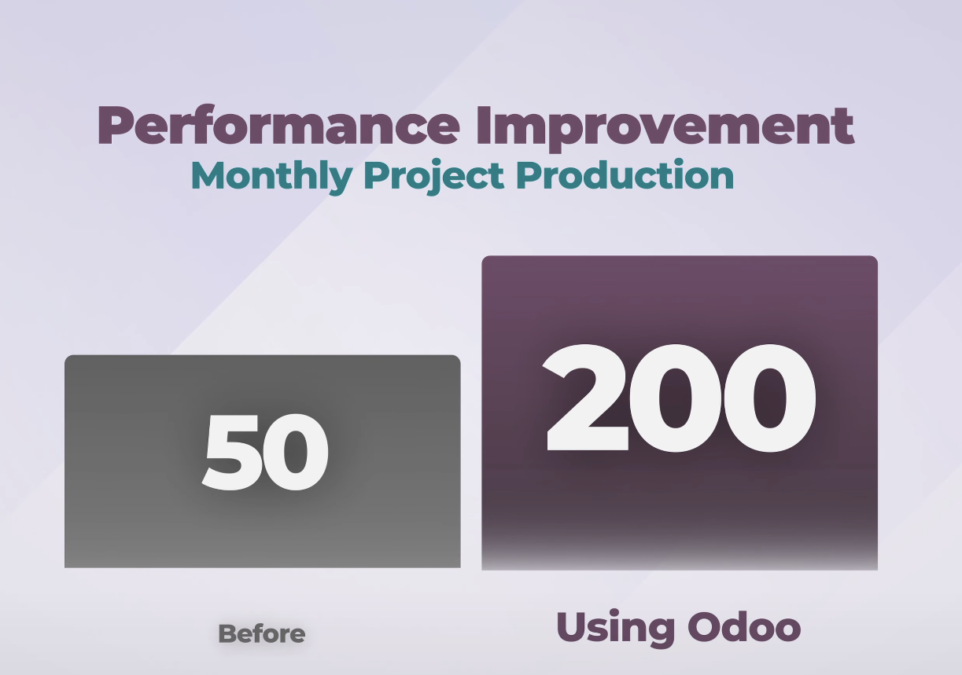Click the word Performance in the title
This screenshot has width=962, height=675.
click(279, 125)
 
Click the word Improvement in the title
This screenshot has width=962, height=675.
click(665, 128)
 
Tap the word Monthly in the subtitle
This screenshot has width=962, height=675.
click(271, 177)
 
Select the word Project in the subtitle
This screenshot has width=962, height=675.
click(433, 177)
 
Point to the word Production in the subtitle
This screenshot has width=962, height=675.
click(626, 174)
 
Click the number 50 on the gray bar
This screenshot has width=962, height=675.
click(265, 452)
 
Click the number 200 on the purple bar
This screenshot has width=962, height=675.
click(679, 398)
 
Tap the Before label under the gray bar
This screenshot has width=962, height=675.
click(262, 634)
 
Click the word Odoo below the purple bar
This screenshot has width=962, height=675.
click(744, 626)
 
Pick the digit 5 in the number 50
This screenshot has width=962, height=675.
click(231, 452)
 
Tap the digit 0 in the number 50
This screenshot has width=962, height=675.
click(296, 452)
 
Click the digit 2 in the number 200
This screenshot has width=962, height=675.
click(587, 398)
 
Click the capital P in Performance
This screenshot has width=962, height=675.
click(116, 125)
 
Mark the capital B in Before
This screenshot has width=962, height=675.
click(227, 634)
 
